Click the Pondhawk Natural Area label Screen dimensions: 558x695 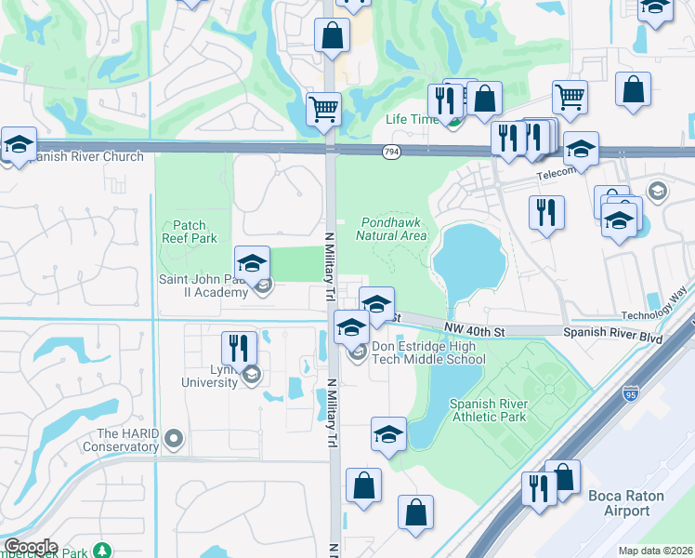(391, 229)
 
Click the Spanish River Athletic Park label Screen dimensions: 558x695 (489, 410)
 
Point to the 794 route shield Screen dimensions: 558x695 (391, 152)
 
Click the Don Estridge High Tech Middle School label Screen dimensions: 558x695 (428, 353)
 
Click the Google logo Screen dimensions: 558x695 (30, 547)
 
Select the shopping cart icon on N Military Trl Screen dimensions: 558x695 (323, 109)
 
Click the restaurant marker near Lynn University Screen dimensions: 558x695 (239, 348)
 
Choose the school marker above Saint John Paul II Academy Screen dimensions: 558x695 (252, 263)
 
